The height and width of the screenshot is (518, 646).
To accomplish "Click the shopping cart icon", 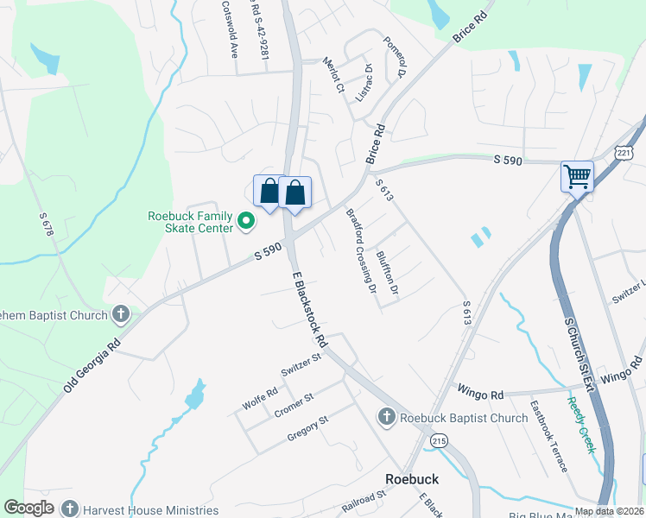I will (577, 177).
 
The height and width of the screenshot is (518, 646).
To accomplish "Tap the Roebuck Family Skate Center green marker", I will (245, 221).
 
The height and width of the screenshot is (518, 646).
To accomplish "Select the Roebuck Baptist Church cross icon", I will (386, 418).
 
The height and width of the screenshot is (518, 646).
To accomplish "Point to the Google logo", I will (28, 508).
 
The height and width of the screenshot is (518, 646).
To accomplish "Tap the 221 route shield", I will (625, 153).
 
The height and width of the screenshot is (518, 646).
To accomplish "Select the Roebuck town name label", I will (411, 478).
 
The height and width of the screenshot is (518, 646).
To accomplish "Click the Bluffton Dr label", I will (387, 273).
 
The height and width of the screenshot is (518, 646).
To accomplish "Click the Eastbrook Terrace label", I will (550, 436).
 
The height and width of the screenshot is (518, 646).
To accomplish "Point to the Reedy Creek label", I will (582, 424).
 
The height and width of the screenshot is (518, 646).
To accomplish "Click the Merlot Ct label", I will (333, 75).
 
